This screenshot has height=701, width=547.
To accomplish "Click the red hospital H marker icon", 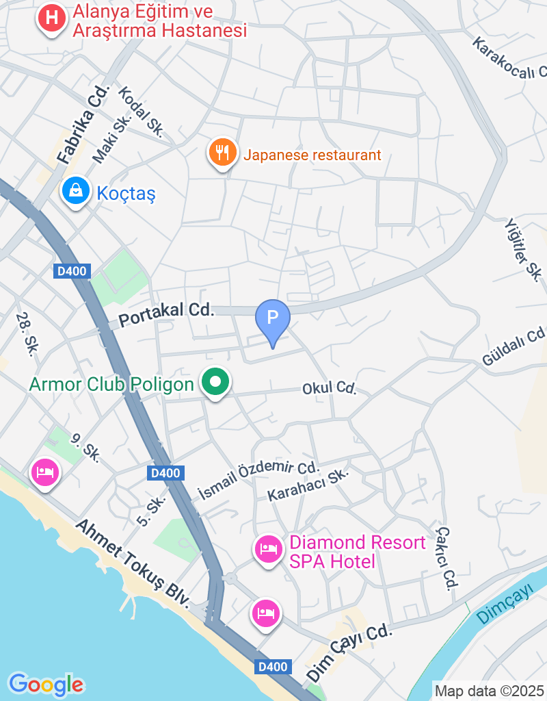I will [x=51, y=18].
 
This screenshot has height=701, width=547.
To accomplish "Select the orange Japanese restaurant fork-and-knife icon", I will [x=222, y=153].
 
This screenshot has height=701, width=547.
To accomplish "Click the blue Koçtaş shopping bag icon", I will [x=75, y=191].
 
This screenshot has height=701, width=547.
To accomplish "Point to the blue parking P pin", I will [x=273, y=318].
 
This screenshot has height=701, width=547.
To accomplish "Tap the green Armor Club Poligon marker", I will [x=216, y=383].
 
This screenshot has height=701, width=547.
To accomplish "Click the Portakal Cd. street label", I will [x=166, y=314].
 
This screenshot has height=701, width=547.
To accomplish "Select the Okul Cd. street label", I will [x=330, y=389].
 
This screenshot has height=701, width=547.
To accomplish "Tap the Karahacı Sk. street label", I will [x=308, y=485].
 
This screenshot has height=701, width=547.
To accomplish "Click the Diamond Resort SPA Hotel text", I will [x=357, y=552].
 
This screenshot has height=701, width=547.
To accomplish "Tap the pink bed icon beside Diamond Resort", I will [x=268, y=549].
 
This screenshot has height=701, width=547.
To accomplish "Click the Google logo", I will [x=46, y=684].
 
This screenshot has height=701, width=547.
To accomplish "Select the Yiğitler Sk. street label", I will [x=524, y=249].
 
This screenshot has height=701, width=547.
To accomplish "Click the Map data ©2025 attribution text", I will [x=489, y=691].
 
